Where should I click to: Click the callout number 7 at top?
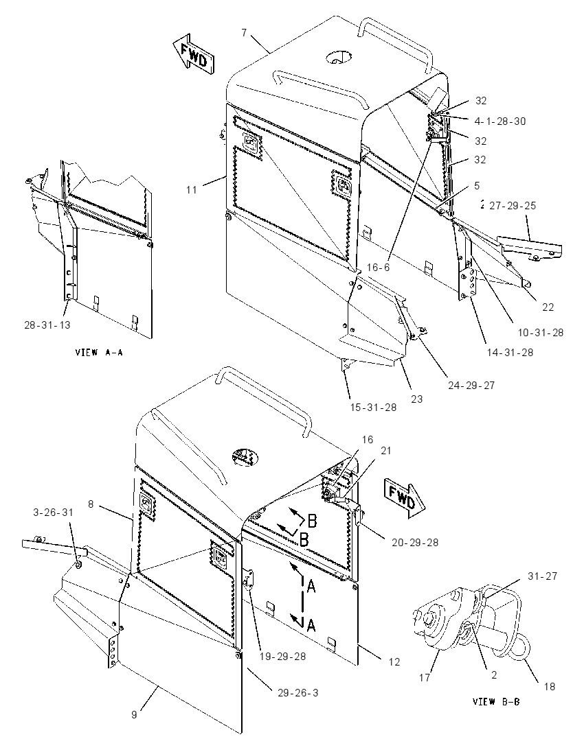pos(244,33)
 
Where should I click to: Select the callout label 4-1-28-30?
pos(499,121)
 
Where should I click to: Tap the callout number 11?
pos(192,190)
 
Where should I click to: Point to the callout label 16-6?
pos(379,267)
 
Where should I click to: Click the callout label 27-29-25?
pos(513,206)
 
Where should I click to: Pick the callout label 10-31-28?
pos(541,332)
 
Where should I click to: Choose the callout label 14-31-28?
pos(510,353)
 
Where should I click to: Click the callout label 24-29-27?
pos(471,385)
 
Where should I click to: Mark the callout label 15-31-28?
pos(374,408)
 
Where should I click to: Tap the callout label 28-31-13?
pos(47,325)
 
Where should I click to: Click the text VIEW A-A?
pos(99,353)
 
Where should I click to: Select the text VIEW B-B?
pos(495,702)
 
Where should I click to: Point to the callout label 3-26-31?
pos(54,513)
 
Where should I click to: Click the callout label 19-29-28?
pos(282,657)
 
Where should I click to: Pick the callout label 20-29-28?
pos(415,543)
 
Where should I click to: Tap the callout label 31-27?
pos(542,576)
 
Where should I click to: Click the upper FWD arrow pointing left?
pos(194,54)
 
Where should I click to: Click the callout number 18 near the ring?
pos(550,686)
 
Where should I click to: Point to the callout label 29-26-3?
pos(297,692)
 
